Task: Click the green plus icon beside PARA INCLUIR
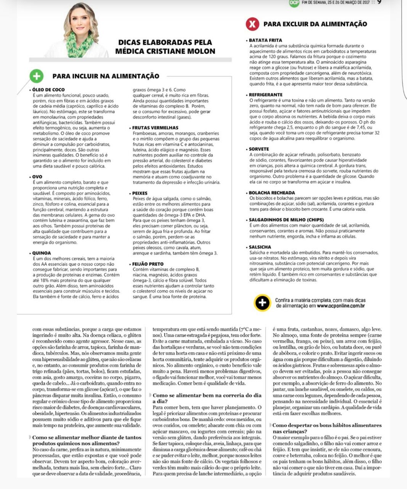click(x=36, y=76)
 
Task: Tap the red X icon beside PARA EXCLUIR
click(x=252, y=24)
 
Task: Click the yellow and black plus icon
click(x=262, y=303)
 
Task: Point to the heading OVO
click(x=37, y=177)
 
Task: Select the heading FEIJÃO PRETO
click(x=148, y=264)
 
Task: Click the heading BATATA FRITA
click(x=265, y=40)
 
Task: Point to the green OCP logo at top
click(x=294, y=3)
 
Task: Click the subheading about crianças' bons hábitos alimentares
click(x=327, y=428)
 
